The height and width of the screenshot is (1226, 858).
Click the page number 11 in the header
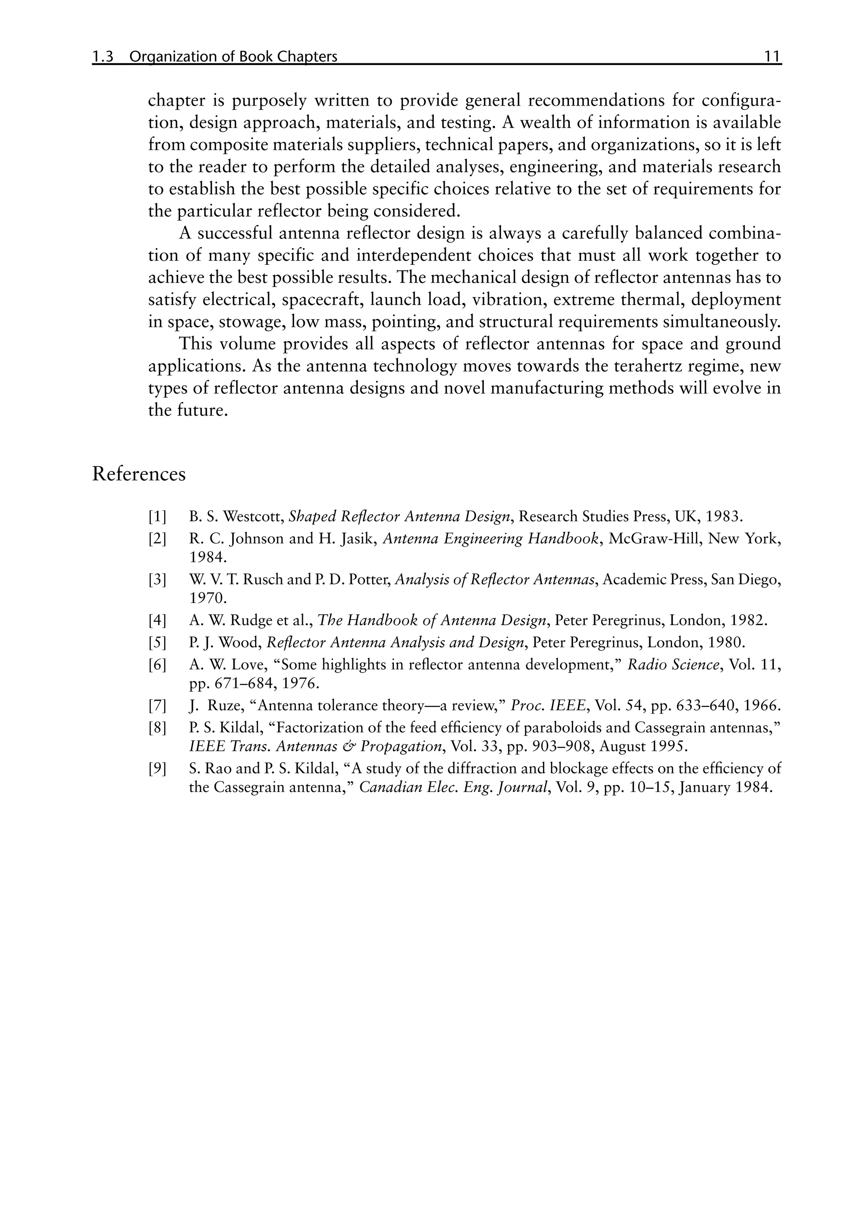click(772, 57)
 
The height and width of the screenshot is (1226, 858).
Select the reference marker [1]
click(158, 517)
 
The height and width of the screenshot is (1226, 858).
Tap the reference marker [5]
click(158, 642)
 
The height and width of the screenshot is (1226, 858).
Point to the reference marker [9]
click(158, 769)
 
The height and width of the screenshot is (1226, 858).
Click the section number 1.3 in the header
click(103, 57)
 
